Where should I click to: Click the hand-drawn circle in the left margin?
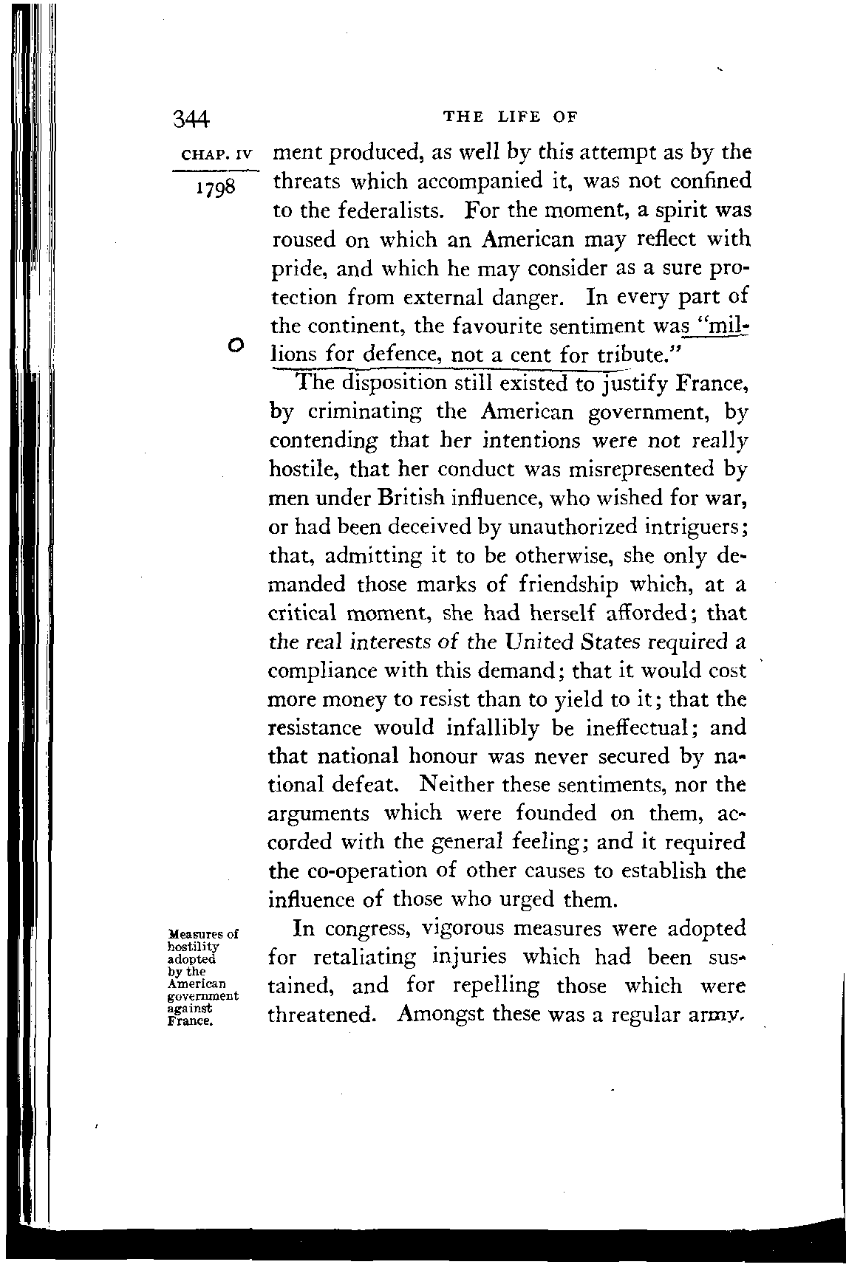(236, 343)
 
